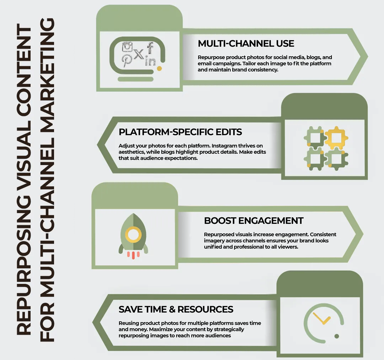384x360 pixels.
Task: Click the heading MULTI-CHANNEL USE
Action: click(x=246, y=44)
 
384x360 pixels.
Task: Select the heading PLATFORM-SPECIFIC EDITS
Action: click(x=180, y=132)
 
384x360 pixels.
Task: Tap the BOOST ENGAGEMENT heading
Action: click(x=254, y=221)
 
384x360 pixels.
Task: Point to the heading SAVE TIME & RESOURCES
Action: click(x=176, y=309)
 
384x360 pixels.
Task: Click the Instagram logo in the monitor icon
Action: click(x=127, y=47)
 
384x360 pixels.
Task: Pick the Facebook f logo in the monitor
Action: click(x=150, y=47)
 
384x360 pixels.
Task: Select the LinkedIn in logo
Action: click(x=151, y=61)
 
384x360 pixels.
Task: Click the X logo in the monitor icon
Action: click(x=139, y=54)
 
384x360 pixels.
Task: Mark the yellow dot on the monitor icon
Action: click(x=159, y=68)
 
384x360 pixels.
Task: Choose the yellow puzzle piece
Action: click(x=336, y=137)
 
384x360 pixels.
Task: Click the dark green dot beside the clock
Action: click(x=337, y=336)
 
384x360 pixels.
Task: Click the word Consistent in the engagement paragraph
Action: click(x=322, y=234)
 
